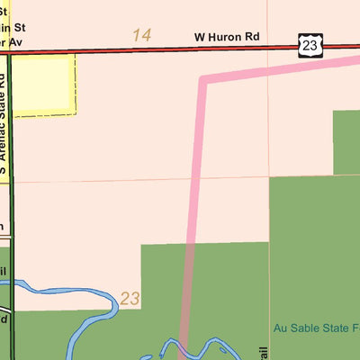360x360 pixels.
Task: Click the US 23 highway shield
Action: click(309, 44)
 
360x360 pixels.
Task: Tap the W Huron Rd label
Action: click(226, 38)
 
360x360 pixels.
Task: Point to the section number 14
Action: click(141, 35)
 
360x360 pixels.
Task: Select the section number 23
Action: click(130, 298)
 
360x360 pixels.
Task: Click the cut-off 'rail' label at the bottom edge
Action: click(265, 352)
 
